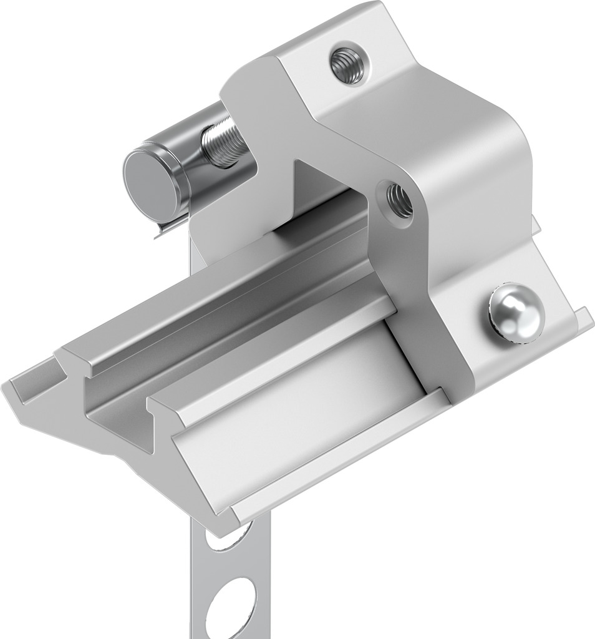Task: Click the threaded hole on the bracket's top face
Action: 347,64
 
